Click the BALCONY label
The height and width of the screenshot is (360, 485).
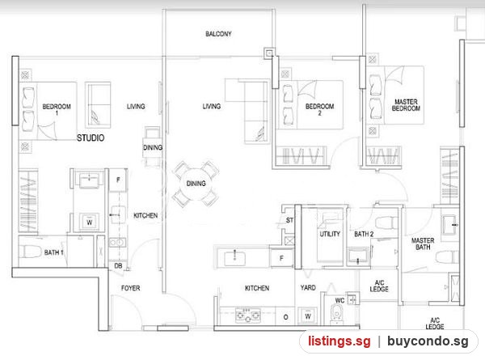[218, 34]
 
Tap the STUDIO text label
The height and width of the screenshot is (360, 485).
[91, 138]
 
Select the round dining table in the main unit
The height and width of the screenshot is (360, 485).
[196, 184]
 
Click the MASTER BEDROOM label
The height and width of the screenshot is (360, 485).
[406, 105]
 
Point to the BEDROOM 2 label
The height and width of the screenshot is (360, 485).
[319, 109]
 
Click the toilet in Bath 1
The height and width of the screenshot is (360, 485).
[30, 251]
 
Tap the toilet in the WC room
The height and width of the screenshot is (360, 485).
[336, 313]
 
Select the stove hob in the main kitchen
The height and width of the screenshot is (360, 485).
[247, 316]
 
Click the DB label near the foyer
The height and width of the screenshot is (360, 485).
[118, 265]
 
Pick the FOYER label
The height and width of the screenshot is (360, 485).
[130, 288]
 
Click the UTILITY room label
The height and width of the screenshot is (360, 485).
[330, 234]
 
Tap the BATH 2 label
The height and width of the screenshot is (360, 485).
[364, 234]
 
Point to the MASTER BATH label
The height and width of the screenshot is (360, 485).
[423, 244]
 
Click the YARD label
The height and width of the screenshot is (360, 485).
[308, 287]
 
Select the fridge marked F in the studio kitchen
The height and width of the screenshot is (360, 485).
[118, 180]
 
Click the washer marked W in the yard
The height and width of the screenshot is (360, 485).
[307, 316]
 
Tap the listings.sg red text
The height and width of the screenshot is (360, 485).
[339, 341]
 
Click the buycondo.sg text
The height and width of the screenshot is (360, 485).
[428, 341]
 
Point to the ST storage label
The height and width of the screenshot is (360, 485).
[289, 220]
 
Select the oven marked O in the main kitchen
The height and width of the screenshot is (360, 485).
[285, 317]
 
